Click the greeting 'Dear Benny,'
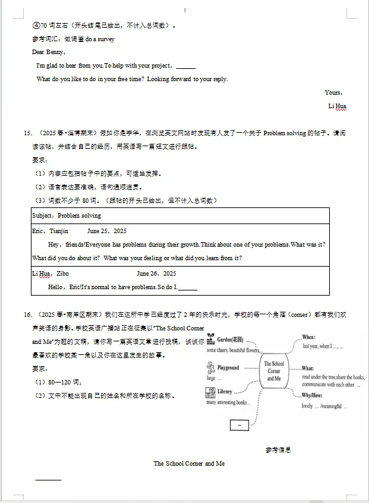click(48, 52)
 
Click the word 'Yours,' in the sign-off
click(333, 93)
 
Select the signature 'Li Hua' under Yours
click(337, 106)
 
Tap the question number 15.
click(28, 133)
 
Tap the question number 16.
click(28, 315)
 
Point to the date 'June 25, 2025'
click(107, 231)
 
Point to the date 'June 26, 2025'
click(156, 273)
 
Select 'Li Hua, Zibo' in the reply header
click(50, 273)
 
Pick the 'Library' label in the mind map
click(224, 391)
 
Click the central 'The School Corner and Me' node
click(274, 372)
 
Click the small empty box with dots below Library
click(239, 425)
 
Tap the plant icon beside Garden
click(210, 340)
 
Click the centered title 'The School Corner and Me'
click(189, 463)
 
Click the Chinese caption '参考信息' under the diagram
click(278, 449)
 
